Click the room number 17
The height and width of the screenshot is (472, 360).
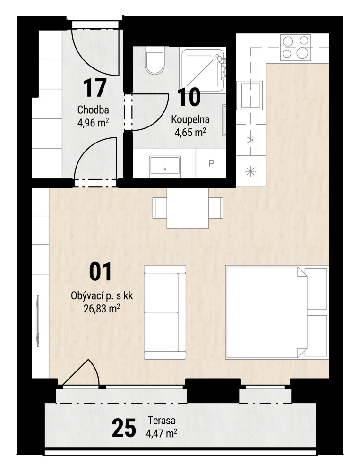[x=94, y=88]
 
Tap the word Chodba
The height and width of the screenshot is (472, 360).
[x=93, y=110]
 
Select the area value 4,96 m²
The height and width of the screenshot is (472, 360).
[x=93, y=123]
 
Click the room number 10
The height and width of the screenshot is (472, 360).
[x=189, y=97]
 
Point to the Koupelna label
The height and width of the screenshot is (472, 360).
[x=190, y=119]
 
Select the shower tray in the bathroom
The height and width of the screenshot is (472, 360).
[x=203, y=69]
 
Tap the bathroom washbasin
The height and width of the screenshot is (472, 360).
[x=165, y=165]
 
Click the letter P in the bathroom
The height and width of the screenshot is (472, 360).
[x=211, y=163]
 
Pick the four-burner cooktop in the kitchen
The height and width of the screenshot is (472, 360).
[x=296, y=48]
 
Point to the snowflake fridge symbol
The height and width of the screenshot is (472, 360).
[x=251, y=172]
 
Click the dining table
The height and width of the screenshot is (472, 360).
[x=188, y=208]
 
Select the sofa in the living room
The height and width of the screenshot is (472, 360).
[x=165, y=312]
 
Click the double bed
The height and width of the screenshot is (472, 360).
[x=277, y=312]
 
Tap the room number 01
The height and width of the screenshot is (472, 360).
[x=100, y=271]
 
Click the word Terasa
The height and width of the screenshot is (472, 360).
[x=162, y=421]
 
